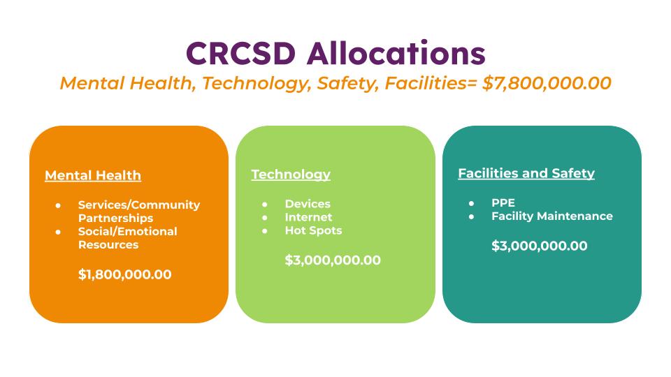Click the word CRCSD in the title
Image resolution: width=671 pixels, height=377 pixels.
tap(241, 54)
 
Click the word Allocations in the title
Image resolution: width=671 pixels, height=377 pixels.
tap(396, 53)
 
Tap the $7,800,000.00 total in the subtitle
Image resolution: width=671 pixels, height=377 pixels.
tap(547, 83)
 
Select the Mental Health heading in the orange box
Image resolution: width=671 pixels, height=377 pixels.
tap(93, 176)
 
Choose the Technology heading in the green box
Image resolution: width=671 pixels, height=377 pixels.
tap(291, 175)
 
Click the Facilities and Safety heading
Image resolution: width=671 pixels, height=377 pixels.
tap(526, 173)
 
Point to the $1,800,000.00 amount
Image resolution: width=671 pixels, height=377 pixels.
tap(124, 274)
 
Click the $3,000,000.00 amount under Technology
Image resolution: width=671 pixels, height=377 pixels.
tap(333, 260)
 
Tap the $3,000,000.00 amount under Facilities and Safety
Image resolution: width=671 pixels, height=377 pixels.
tap(539, 246)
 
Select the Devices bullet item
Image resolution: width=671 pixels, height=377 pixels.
tap(308, 204)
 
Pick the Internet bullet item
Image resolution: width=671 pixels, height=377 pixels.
tap(308, 217)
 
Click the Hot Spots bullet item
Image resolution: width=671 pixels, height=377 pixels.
tap(314, 231)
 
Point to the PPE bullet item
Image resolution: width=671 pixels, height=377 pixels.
tap(503, 202)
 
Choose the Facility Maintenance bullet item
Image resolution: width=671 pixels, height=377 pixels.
tap(552, 216)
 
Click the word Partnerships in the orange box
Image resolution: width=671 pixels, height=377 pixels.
tap(115, 219)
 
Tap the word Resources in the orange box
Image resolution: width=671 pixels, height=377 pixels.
tap(108, 245)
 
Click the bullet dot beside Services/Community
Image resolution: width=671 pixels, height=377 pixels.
tap(58, 205)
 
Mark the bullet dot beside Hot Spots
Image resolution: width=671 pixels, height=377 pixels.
tap(265, 231)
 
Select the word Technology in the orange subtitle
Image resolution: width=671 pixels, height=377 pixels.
tap(257, 83)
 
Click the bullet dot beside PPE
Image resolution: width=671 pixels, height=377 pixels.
tap(471, 203)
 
